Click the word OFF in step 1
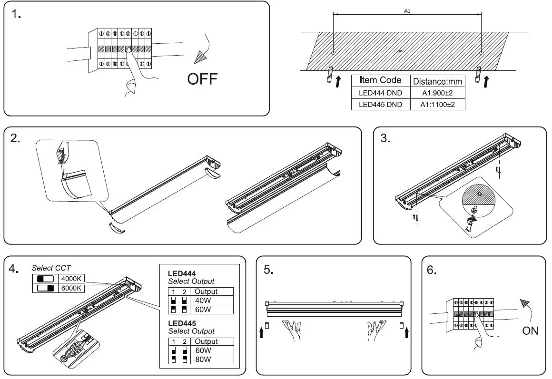click(x=202, y=78)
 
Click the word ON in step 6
click(x=530, y=330)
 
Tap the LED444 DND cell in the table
click(x=380, y=93)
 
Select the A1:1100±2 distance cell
click(x=437, y=105)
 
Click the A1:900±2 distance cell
click(x=437, y=93)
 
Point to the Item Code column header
click(x=380, y=80)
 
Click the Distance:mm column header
click(x=437, y=81)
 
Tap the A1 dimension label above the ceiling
click(x=407, y=10)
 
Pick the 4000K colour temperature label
click(x=71, y=279)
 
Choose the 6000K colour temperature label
click(x=71, y=288)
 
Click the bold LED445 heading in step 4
click(x=182, y=323)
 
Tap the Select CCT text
click(x=51, y=268)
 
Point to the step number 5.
click(x=268, y=270)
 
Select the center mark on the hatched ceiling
click(x=400, y=51)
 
